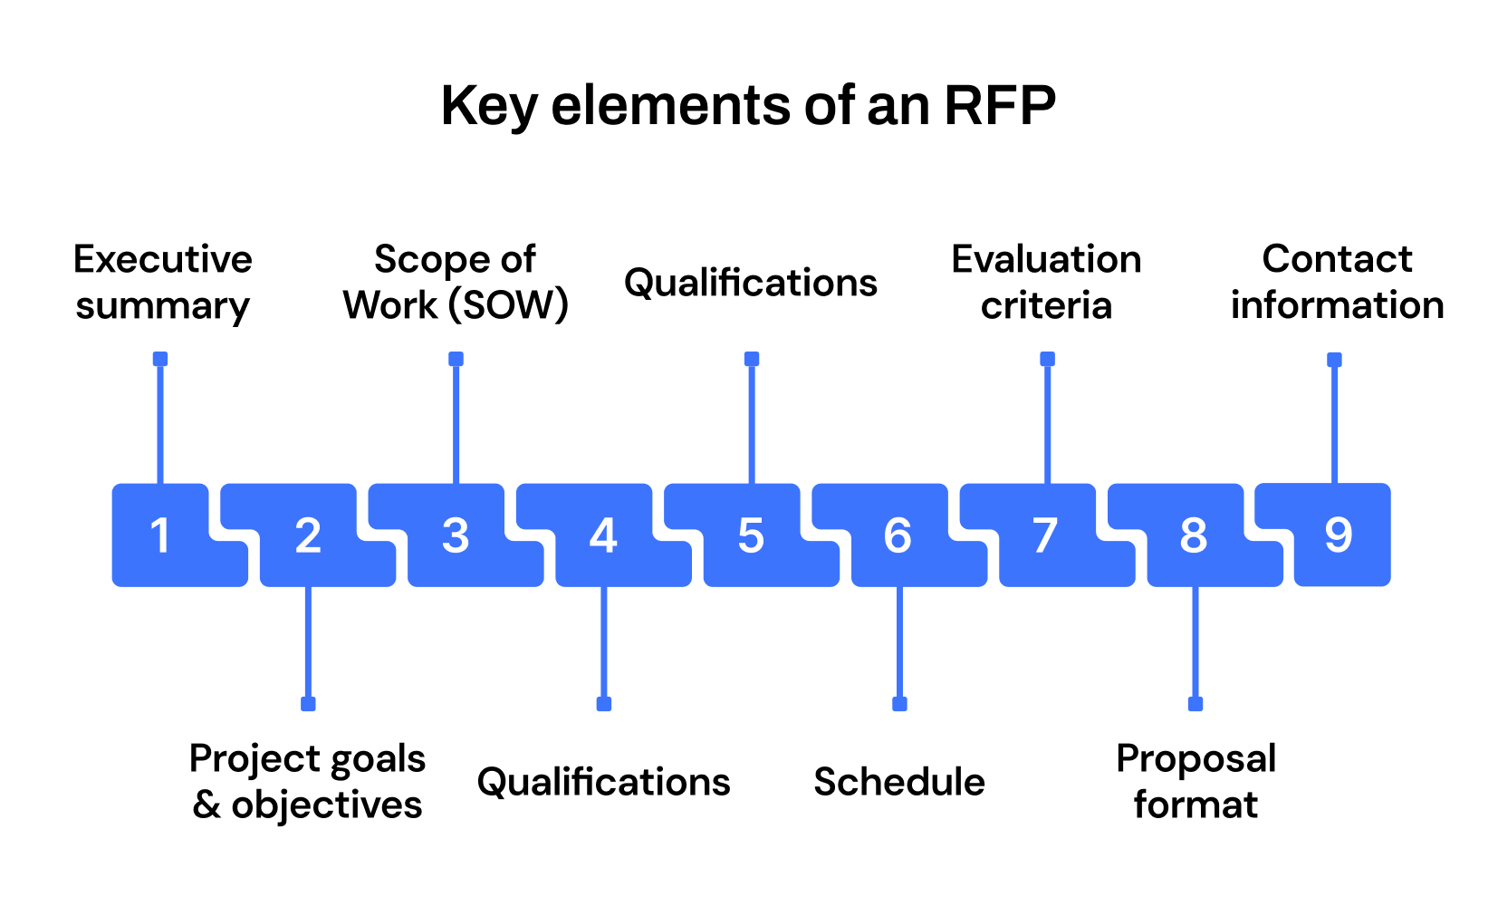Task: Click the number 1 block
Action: coord(161,535)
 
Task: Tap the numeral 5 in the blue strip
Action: coord(751,535)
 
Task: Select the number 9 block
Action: coord(1339,535)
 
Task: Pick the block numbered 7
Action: coord(1046,535)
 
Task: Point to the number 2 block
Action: coord(308,535)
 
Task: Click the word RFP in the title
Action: coord(1000,105)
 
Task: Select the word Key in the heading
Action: coord(487,107)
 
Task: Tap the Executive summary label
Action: coord(163,283)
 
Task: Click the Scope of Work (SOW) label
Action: coord(456,283)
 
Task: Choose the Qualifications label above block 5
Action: coord(751,283)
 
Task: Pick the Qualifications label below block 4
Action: coord(603,782)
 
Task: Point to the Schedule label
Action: coord(899,782)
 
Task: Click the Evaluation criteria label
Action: coord(1046,283)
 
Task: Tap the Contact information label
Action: coord(1337,283)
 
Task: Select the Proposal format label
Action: coord(1196,782)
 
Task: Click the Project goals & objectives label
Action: coord(308,782)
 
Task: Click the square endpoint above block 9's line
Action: coord(1334,360)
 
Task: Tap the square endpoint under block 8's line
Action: coord(1196,704)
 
